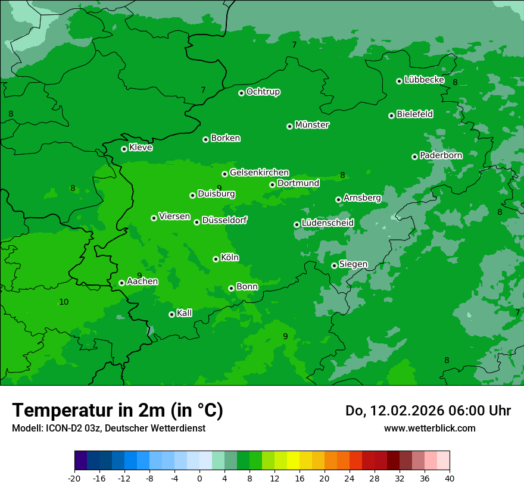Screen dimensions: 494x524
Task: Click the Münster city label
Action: point(312,125)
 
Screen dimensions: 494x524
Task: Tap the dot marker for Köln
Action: point(216,259)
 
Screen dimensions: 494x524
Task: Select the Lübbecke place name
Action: point(424,80)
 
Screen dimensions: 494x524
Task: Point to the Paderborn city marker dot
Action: point(414,157)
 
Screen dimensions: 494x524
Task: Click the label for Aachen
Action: point(143,282)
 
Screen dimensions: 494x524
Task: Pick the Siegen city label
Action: point(353,264)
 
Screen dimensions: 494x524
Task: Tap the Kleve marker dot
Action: point(124,149)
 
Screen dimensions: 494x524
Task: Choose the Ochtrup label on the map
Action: point(263,92)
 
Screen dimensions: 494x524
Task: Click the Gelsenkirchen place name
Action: point(259,173)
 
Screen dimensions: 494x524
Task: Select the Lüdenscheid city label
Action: point(327,223)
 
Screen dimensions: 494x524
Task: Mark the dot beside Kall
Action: point(171,314)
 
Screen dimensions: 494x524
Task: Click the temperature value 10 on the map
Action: point(64,302)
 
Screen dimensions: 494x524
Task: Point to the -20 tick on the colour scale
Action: point(74,479)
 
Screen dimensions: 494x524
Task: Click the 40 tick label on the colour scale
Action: point(449,479)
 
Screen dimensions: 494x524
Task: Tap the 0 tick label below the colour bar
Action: point(199,479)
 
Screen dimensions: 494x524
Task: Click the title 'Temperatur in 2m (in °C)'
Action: point(117,410)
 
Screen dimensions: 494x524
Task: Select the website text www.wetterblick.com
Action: point(429,428)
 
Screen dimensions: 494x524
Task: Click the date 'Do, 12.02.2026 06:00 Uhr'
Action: point(428,411)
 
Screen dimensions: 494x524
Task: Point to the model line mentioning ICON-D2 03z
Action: point(108,428)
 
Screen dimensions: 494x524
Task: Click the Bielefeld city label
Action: point(414,114)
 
